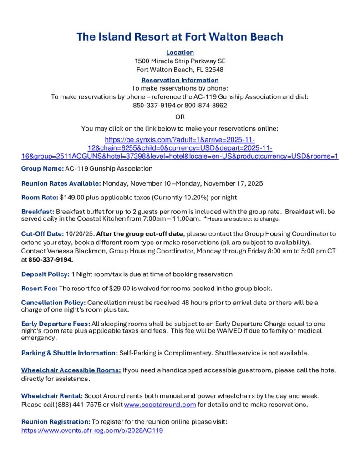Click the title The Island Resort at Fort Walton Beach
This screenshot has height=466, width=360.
[x=180, y=36]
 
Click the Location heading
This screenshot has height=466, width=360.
[x=180, y=52]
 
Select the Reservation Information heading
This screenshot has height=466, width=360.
[x=180, y=80]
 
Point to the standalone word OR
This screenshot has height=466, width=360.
[x=180, y=117]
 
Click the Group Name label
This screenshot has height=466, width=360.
[x=42, y=168]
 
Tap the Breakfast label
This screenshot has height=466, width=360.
[x=38, y=212]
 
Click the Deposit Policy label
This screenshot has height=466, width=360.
[x=46, y=274]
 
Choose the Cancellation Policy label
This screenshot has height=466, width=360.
[x=53, y=303]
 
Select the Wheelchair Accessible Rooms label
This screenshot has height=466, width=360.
[x=71, y=370]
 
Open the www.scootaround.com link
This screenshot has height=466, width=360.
[x=160, y=404]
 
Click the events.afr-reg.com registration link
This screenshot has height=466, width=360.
[x=92, y=430]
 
